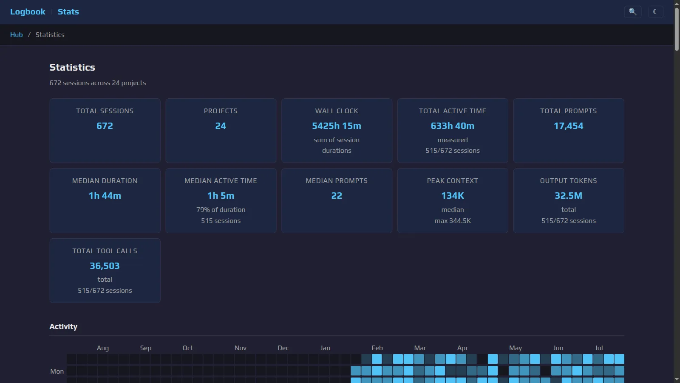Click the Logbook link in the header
click(x=28, y=11)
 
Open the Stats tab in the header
click(x=68, y=11)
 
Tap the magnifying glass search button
click(x=633, y=12)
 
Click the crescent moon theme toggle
click(x=656, y=12)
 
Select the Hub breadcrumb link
click(x=17, y=34)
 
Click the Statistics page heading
click(x=72, y=67)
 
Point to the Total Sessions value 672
click(x=105, y=126)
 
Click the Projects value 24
click(x=221, y=126)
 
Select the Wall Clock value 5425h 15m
click(x=337, y=126)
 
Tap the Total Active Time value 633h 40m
click(x=453, y=126)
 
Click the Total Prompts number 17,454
click(x=569, y=126)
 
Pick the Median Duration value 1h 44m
click(x=105, y=196)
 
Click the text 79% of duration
click(x=221, y=210)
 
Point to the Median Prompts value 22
click(x=337, y=196)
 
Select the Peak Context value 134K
click(x=453, y=196)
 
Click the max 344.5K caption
click(x=453, y=221)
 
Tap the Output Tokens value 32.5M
click(x=569, y=196)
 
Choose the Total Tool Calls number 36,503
click(x=105, y=266)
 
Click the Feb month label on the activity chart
click(x=377, y=348)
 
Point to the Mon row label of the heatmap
click(x=57, y=372)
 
